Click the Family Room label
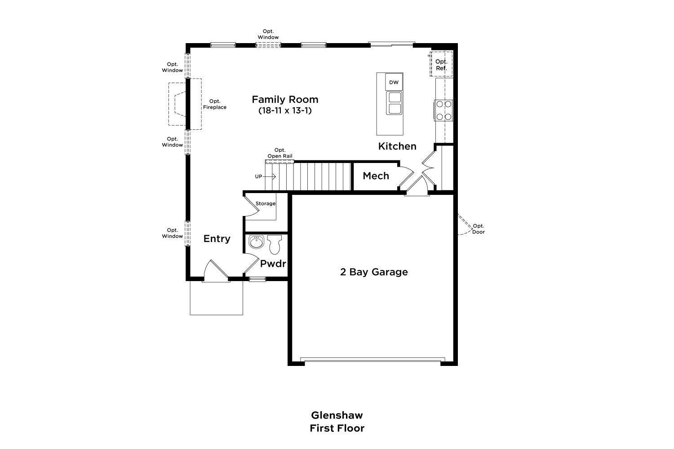[285, 99]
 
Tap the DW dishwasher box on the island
[394, 82]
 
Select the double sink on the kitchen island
[395, 103]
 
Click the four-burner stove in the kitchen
[444, 110]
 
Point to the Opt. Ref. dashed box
[441, 64]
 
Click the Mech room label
[376, 176]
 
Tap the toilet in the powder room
[275, 244]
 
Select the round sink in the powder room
[257, 242]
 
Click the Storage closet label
[266, 203]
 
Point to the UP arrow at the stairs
[269, 176]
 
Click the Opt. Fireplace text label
[215, 104]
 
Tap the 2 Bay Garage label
[374, 272]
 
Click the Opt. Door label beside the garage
[479, 229]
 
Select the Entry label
[217, 239]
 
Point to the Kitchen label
[397, 146]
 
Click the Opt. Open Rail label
[280, 153]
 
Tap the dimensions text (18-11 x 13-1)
[285, 110]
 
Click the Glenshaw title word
[337, 415]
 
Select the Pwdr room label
[273, 264]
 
